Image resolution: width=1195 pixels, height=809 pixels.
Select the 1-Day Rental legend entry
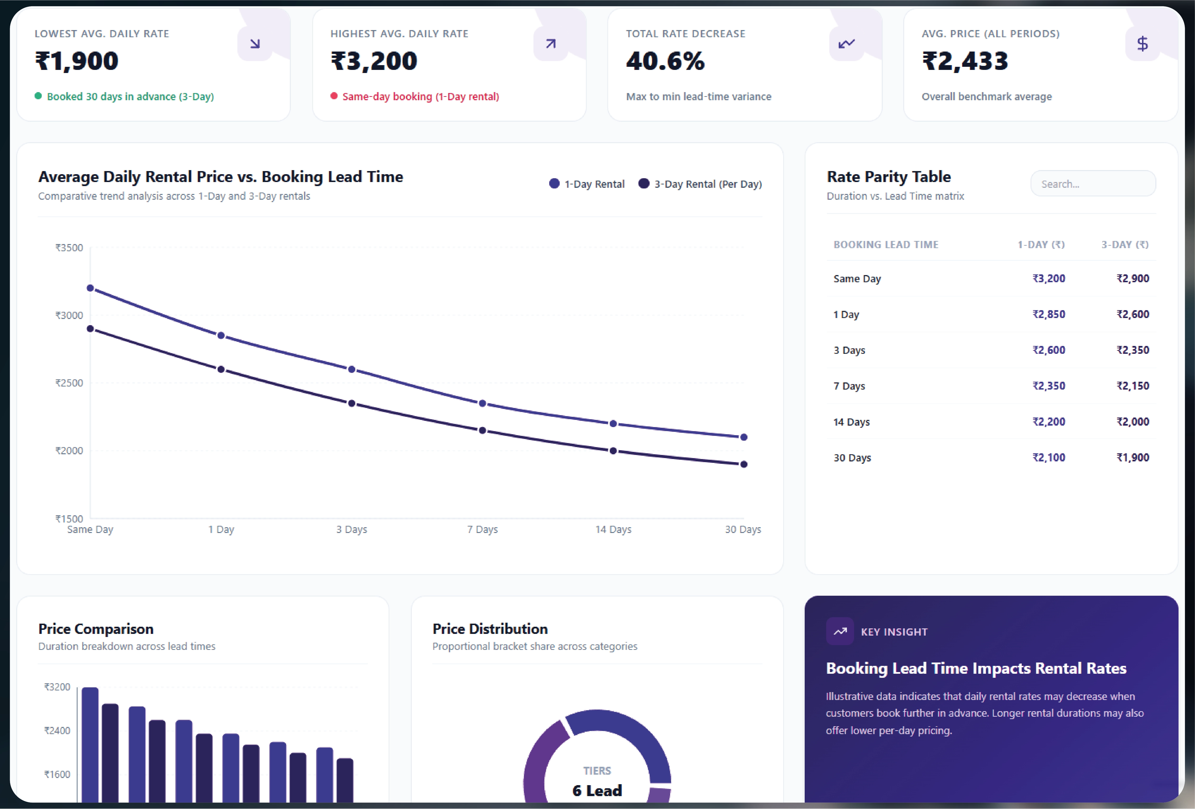click(587, 184)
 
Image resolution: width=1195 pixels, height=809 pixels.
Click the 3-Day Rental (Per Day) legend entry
click(700, 184)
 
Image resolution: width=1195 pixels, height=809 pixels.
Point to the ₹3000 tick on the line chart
click(69, 315)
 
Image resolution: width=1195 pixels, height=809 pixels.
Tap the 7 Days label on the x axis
click(482, 529)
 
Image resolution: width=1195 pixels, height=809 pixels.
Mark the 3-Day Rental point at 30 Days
click(744, 465)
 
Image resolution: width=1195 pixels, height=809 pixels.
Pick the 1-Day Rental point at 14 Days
click(613, 424)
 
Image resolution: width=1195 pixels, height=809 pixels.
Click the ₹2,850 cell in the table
click(1049, 314)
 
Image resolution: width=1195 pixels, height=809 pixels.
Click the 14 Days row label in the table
click(851, 422)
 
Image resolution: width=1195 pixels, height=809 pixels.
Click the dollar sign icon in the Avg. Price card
click(1142, 44)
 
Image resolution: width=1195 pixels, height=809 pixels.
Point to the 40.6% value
click(665, 61)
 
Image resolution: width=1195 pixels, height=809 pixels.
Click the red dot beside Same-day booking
click(334, 96)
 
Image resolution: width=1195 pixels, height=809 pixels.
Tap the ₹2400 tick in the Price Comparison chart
click(57, 730)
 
